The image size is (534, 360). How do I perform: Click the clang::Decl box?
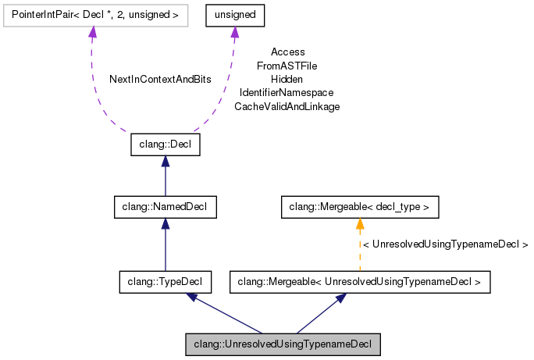click(165, 145)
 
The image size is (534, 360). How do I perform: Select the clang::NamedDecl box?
click(165, 207)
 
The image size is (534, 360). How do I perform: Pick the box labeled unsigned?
click(235, 14)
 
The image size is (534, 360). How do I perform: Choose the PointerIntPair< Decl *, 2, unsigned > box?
click(93, 14)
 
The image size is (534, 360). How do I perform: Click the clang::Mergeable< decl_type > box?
click(360, 207)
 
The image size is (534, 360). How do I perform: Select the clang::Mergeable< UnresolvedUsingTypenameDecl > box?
click(360, 282)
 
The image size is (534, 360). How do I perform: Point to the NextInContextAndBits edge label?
click(160, 80)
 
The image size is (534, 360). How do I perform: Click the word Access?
click(287, 52)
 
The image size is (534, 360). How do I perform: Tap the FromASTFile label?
click(287, 66)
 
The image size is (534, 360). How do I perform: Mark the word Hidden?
click(287, 79)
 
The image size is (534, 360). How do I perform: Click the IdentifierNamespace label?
click(287, 93)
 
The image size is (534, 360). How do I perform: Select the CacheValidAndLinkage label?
click(287, 106)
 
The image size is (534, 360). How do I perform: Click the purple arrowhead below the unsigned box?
click(235, 32)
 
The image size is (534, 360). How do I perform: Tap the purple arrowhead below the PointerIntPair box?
click(93, 32)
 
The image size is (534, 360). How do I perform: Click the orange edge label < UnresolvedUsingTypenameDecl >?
click(446, 244)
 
